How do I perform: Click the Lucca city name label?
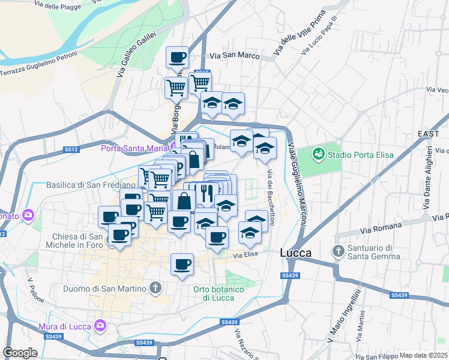pos(295,253)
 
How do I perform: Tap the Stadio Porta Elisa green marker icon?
pos(318,154)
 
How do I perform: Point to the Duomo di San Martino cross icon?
pos(155,289)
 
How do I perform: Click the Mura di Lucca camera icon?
pos(100,326)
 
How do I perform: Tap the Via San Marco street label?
pos(234,56)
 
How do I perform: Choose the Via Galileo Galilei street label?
pos(136,55)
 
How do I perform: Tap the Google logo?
pos(20,352)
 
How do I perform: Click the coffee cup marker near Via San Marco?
pos(177,58)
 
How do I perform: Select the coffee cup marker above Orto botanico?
pos(182,264)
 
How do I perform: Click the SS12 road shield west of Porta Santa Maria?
pos(71,149)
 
